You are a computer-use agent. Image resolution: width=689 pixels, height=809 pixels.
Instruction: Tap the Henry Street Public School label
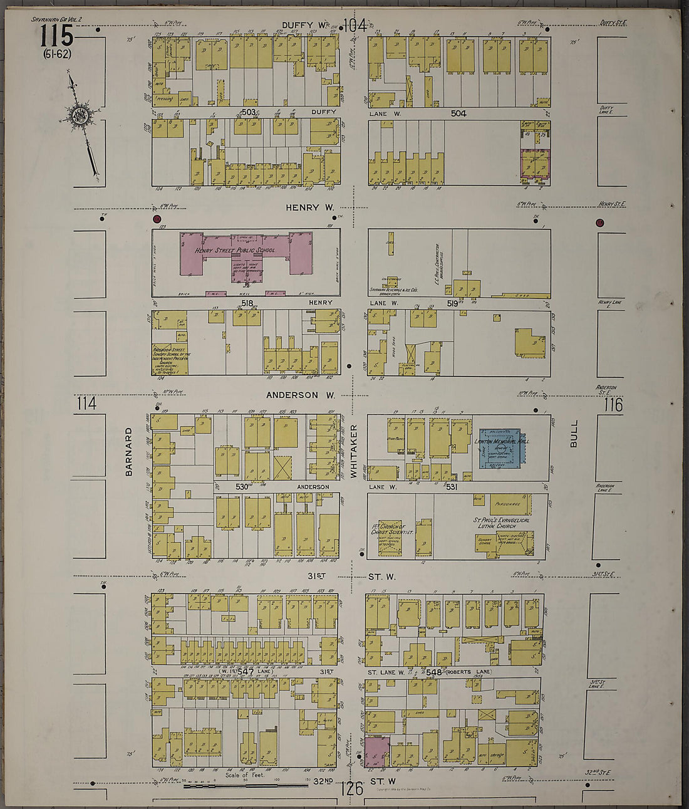pyautogui.click(x=234, y=250)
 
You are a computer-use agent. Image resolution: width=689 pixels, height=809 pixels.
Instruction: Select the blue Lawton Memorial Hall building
pyautogui.click(x=500, y=448)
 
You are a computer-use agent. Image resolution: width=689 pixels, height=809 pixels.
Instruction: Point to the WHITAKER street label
pyautogui.click(x=354, y=451)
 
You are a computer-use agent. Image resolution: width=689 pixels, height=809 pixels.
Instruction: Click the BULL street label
pyautogui.click(x=573, y=434)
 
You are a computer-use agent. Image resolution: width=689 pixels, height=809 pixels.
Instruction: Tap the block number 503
pyautogui.click(x=249, y=112)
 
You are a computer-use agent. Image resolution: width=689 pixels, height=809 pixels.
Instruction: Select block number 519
pyautogui.click(x=452, y=303)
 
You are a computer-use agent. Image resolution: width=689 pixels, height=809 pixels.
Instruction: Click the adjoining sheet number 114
pyautogui.click(x=86, y=404)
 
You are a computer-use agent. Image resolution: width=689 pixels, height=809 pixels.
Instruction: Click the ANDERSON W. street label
pyautogui.click(x=300, y=395)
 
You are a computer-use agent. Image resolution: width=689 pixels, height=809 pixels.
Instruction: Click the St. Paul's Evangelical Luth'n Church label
pyautogui.click(x=503, y=523)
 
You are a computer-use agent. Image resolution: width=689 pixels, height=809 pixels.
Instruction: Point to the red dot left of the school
pyautogui.click(x=157, y=219)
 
